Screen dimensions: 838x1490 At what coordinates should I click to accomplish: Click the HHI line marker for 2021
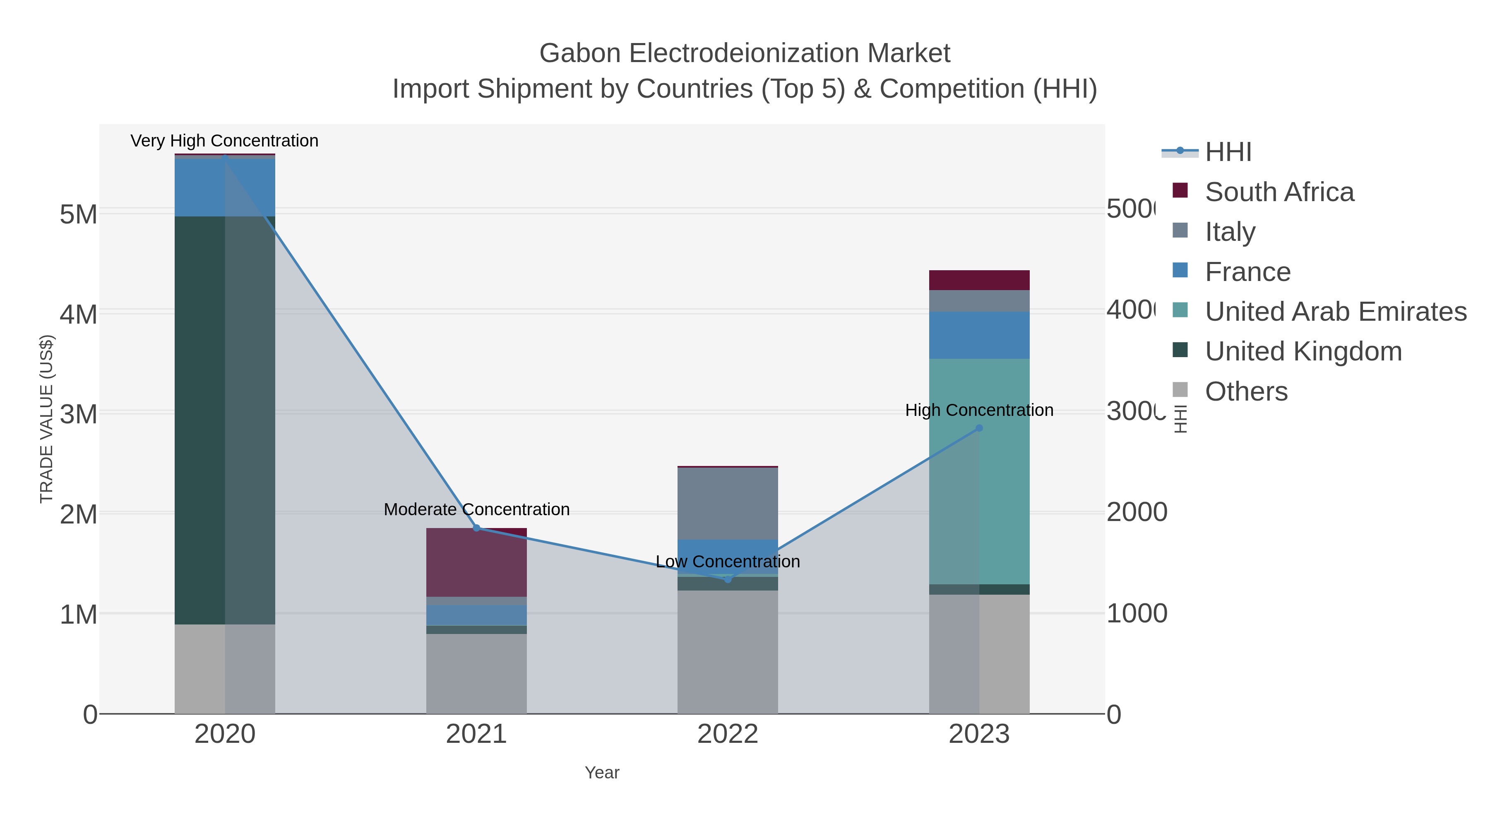tap(477, 528)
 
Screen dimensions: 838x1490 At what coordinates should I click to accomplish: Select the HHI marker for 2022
tap(728, 579)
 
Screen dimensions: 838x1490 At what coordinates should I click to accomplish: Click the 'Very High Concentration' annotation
tap(224, 141)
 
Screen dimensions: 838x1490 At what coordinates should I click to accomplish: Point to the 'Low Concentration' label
tap(728, 562)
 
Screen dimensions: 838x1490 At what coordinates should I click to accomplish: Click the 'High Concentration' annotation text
tap(979, 411)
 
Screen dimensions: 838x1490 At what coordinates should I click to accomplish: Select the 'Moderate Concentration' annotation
tap(477, 509)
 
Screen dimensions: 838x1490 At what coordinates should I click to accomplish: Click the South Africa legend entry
tap(1279, 192)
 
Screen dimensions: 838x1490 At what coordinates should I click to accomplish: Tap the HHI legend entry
tap(1228, 152)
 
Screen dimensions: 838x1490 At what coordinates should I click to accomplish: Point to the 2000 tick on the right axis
tap(1137, 512)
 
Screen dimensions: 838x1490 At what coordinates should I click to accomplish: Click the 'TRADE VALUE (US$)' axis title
tap(46, 419)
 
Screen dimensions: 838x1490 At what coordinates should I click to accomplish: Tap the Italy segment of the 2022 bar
tap(728, 503)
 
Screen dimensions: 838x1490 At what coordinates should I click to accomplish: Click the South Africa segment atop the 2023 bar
tap(979, 280)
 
